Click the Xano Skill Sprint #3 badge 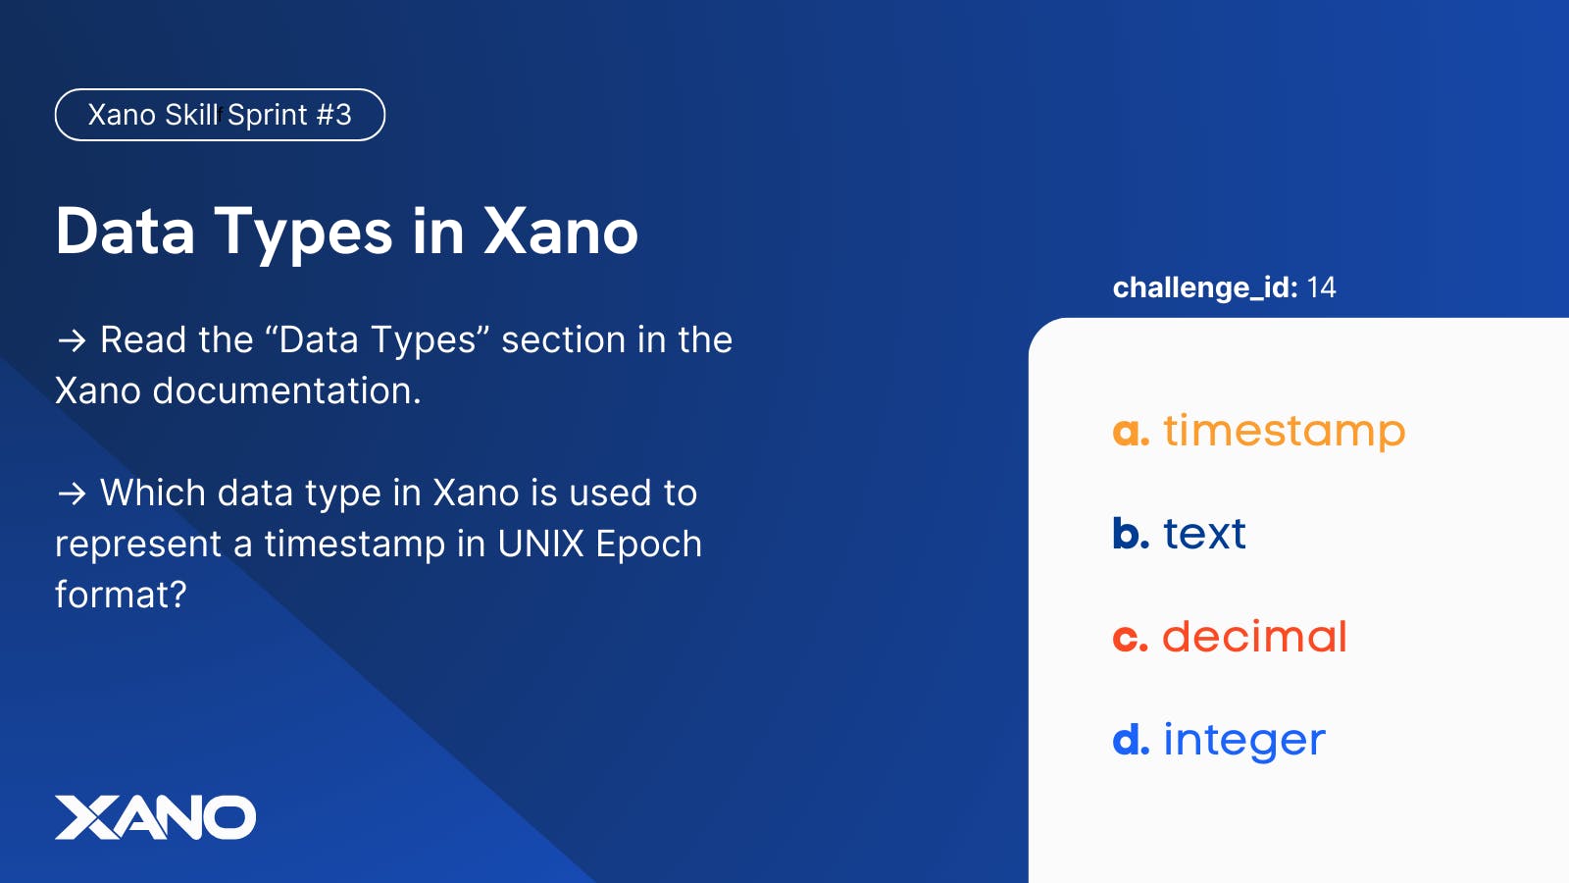[x=220, y=115]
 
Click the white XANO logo [x=156, y=817]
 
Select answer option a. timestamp [x=1259, y=431]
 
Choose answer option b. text [x=1180, y=534]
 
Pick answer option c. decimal [x=1230, y=637]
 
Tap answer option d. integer [x=1219, y=740]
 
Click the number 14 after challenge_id [x=1322, y=287]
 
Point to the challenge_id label [x=1205, y=288]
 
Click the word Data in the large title [x=126, y=231]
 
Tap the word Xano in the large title [x=560, y=231]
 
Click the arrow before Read [x=72, y=341]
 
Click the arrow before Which [x=72, y=494]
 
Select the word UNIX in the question [x=540, y=544]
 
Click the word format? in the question [x=122, y=595]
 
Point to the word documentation [x=287, y=390]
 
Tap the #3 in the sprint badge [x=333, y=115]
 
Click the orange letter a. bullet [x=1131, y=433]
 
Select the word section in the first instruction [x=563, y=339]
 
